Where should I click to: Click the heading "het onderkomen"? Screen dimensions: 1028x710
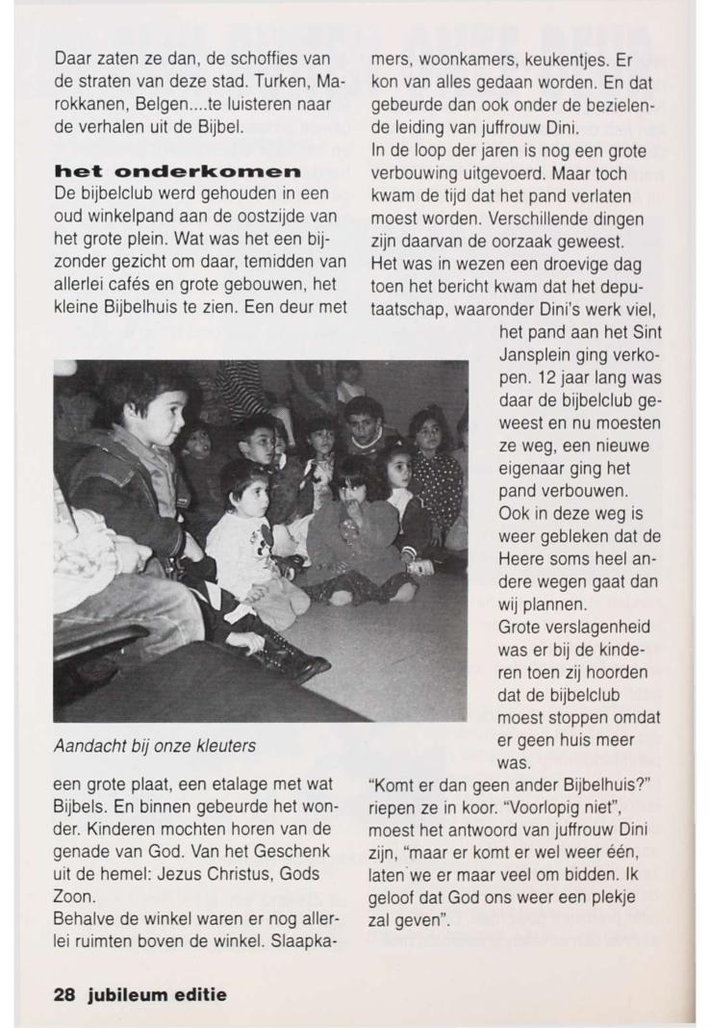(x=178, y=170)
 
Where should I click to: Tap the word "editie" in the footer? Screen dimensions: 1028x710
(x=202, y=994)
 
